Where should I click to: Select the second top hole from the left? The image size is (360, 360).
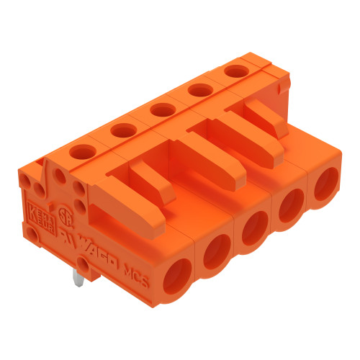point(123,130)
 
